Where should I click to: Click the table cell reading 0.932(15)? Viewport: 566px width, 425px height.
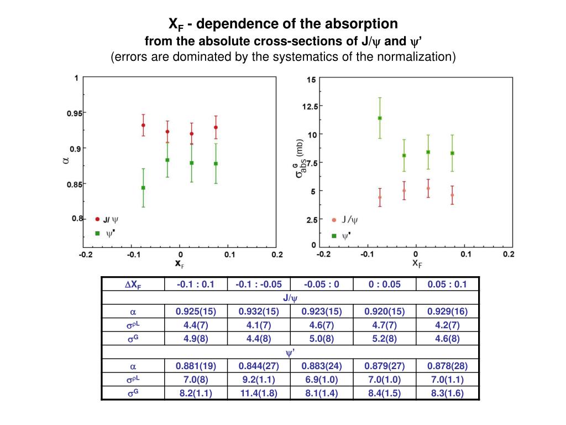tap(259, 312)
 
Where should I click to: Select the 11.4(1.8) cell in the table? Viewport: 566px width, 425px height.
tap(259, 393)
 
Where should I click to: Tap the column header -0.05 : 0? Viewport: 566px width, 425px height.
tap(322, 284)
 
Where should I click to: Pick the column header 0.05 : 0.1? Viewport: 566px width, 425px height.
tap(447, 284)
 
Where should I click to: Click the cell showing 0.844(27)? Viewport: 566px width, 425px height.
tap(259, 366)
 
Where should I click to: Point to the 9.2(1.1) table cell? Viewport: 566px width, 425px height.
tap(259, 380)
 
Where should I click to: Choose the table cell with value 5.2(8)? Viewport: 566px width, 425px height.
tap(384, 339)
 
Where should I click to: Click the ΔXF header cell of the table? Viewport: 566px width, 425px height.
tap(133, 285)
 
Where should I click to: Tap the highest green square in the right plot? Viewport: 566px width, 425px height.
tap(380, 118)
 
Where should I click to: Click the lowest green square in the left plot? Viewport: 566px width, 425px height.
tap(143, 188)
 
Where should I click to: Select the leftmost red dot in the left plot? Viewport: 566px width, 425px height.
tap(143, 125)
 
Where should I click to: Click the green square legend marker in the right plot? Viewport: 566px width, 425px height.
tap(334, 236)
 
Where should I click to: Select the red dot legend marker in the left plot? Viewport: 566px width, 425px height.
tap(97, 219)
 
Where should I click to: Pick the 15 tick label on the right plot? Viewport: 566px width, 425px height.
tap(311, 80)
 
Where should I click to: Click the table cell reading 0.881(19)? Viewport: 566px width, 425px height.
tap(196, 366)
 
